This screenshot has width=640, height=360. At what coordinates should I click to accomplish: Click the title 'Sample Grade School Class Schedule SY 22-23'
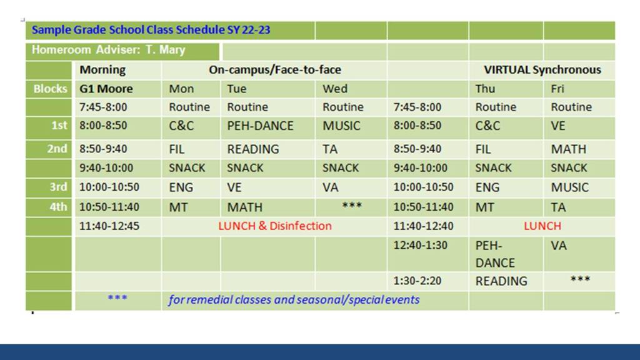tap(151, 30)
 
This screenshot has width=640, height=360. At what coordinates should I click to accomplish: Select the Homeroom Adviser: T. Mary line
tap(109, 50)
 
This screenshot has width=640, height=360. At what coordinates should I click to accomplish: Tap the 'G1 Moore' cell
tap(106, 89)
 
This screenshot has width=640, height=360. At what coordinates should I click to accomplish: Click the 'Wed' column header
tap(335, 89)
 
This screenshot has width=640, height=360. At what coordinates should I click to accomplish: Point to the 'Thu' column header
tap(485, 89)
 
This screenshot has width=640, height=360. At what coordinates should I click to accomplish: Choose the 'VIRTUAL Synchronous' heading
tap(542, 70)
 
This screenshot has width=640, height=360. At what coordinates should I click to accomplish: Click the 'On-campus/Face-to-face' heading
tap(275, 70)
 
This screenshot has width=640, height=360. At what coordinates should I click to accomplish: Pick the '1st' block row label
tap(59, 125)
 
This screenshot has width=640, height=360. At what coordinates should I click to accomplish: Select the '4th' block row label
tap(58, 207)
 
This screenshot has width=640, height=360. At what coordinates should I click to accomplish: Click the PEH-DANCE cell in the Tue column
tap(261, 126)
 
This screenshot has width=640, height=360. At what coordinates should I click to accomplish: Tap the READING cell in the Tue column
tap(253, 149)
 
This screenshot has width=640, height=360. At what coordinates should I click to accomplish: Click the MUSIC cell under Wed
tap(342, 126)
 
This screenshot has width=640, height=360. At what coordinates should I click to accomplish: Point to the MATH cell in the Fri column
tap(569, 149)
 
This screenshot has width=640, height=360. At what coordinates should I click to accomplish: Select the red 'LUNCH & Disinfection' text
tap(275, 226)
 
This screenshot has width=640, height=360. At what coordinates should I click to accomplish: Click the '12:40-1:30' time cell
tap(421, 245)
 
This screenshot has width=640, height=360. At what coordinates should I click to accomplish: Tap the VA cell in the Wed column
tap(331, 187)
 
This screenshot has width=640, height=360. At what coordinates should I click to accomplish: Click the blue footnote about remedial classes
tap(294, 299)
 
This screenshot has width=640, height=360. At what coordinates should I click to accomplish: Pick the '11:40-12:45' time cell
tap(109, 226)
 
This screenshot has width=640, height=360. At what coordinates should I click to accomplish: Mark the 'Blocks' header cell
tap(50, 89)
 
